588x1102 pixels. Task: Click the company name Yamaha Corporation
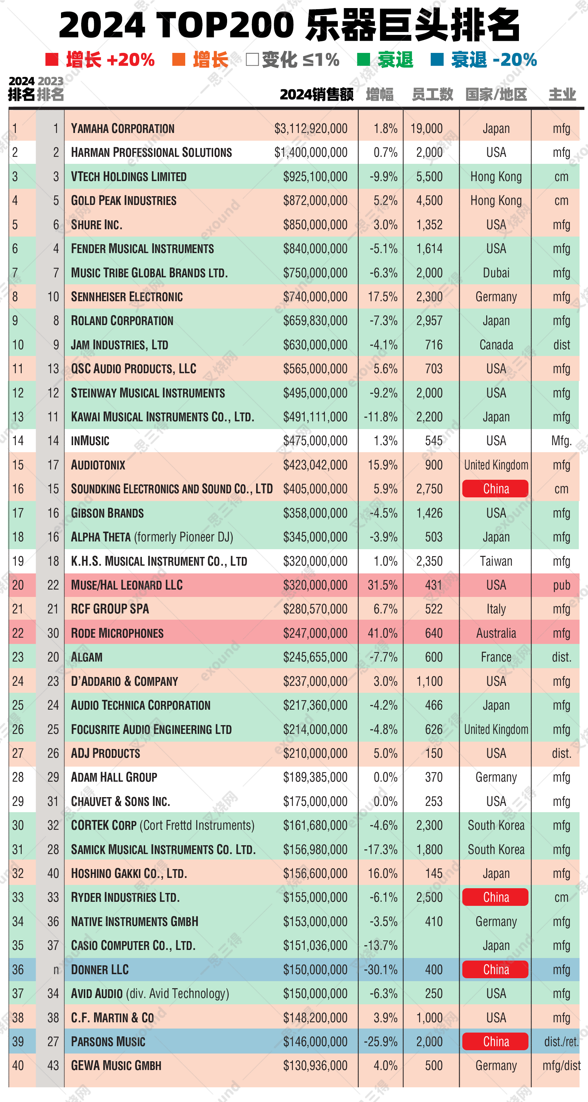(122, 128)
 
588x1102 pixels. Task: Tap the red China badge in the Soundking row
(495, 489)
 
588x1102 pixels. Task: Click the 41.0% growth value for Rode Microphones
(382, 633)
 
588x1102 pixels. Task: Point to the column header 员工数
(432, 94)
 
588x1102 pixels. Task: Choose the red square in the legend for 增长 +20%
(52, 60)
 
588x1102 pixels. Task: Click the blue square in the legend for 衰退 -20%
(437, 60)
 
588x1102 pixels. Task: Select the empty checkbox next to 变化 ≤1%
(252, 60)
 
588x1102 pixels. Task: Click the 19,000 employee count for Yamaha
(426, 128)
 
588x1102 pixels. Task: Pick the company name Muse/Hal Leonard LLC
(127, 585)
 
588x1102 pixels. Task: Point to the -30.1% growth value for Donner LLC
(380, 969)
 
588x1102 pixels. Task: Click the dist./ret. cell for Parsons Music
(561, 1042)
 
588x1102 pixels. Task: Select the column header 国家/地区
(496, 94)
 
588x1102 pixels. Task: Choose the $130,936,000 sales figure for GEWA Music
(315, 1066)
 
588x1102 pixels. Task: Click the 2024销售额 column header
(317, 94)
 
